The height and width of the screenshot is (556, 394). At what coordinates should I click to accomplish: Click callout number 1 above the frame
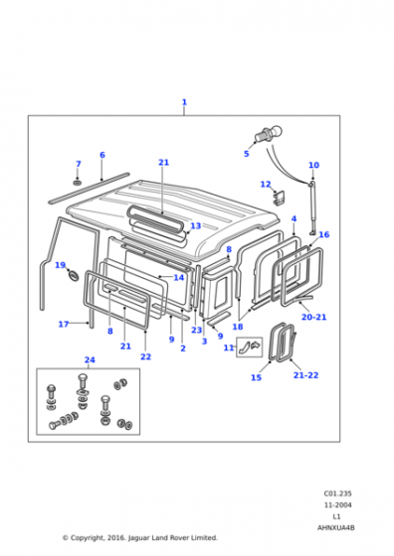pos(184,102)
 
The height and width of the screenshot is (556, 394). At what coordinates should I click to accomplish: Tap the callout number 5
pos(246,154)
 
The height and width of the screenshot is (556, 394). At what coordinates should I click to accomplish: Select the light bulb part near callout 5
pos(268,134)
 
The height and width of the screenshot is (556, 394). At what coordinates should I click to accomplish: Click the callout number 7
pos(79,164)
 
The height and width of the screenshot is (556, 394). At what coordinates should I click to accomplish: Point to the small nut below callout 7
pos(78,183)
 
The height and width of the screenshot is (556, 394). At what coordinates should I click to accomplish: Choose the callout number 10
pos(313,165)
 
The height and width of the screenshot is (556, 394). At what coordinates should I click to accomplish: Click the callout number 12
pos(266,185)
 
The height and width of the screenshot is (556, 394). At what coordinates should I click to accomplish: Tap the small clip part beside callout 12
pos(280,198)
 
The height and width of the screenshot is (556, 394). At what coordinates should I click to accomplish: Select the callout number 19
pos(61,265)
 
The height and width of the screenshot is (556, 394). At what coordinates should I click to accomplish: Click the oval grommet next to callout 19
pos(74,275)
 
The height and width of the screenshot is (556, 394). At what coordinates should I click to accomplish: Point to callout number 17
pos(64,324)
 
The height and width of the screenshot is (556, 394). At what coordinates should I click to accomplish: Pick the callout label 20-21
pos(313,317)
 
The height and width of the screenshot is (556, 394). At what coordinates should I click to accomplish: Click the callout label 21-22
pos(305,375)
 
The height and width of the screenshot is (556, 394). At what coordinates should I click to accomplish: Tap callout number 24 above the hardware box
pos(90,359)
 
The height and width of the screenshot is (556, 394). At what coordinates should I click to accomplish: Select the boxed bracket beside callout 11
pos(250,347)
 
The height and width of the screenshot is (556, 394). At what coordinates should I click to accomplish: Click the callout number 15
pos(256,377)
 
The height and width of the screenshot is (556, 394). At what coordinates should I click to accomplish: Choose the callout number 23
pos(196,330)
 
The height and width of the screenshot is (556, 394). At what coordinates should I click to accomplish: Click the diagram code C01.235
pos(337,493)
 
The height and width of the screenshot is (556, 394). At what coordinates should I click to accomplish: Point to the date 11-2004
pos(337,505)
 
